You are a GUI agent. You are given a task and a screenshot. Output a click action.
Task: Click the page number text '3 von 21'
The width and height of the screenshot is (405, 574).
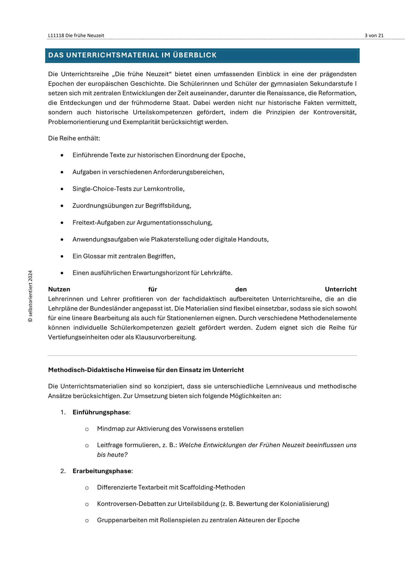pyautogui.click(x=374, y=35)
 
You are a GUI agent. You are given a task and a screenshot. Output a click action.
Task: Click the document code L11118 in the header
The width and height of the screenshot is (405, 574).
pyautogui.click(x=56, y=35)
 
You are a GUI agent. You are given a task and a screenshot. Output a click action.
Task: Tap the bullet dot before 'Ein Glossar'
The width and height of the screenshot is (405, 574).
pyautogui.click(x=62, y=256)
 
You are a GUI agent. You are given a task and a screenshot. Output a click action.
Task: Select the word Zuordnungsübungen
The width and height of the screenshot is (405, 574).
pyautogui.click(x=103, y=206)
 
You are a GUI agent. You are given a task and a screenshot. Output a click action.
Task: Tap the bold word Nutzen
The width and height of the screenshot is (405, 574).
pyautogui.click(x=59, y=289)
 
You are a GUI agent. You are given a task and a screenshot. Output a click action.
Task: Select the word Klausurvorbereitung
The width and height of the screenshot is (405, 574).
pyautogui.click(x=166, y=337)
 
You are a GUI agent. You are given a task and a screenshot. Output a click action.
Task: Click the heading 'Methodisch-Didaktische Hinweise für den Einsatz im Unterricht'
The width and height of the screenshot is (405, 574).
pyautogui.click(x=146, y=370)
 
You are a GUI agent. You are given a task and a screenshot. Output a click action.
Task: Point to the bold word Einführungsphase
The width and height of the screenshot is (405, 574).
pyautogui.click(x=101, y=412)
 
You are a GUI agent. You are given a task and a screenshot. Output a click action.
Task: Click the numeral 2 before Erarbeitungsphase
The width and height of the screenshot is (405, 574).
pyautogui.click(x=62, y=471)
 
